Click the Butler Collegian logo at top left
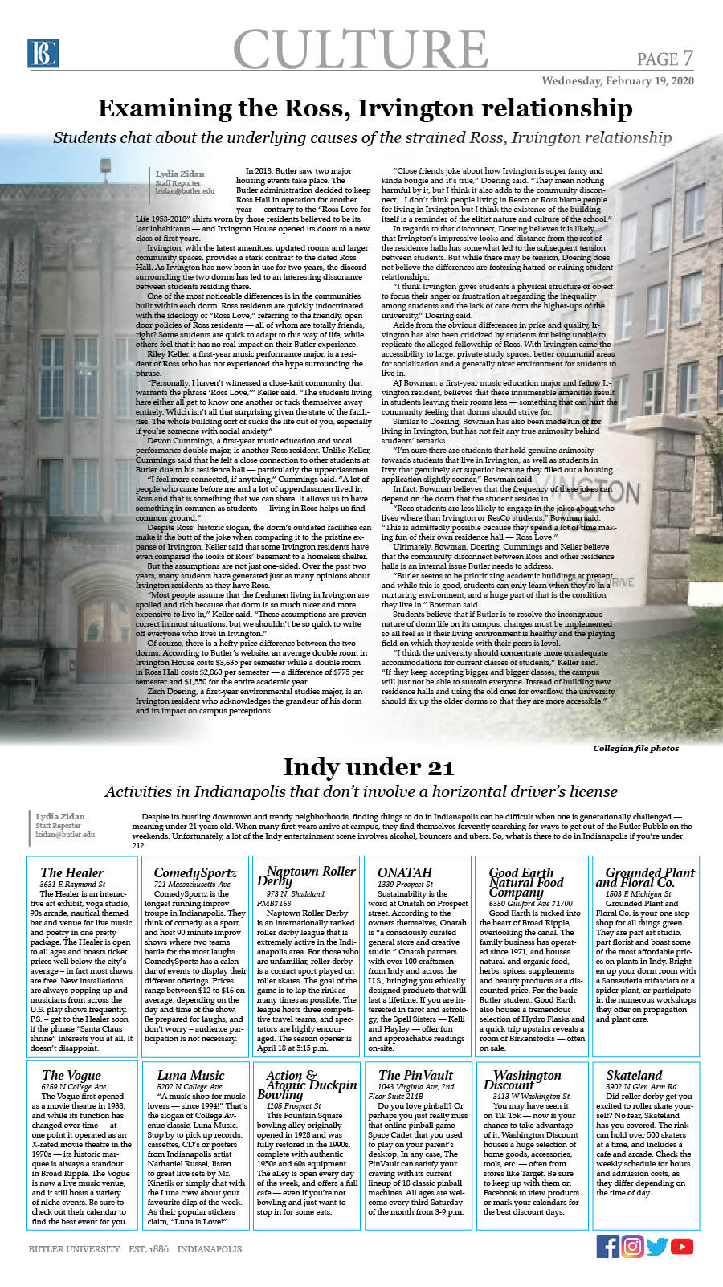click(42, 53)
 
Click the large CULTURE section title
click(361, 49)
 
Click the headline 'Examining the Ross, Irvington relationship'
click(365, 108)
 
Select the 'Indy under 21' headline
click(368, 767)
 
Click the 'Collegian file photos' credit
click(635, 748)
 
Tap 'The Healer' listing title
click(71, 872)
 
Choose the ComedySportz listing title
click(194, 872)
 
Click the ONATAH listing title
click(404, 872)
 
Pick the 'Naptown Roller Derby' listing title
click(306, 876)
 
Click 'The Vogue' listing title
click(71, 1075)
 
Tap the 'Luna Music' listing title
click(190, 1075)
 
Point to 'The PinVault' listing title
click(415, 1075)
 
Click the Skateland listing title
click(634, 1075)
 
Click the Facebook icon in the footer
click(608, 1246)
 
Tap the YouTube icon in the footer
click(682, 1246)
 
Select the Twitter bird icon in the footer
click(657, 1246)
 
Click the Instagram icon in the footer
click(633, 1246)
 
